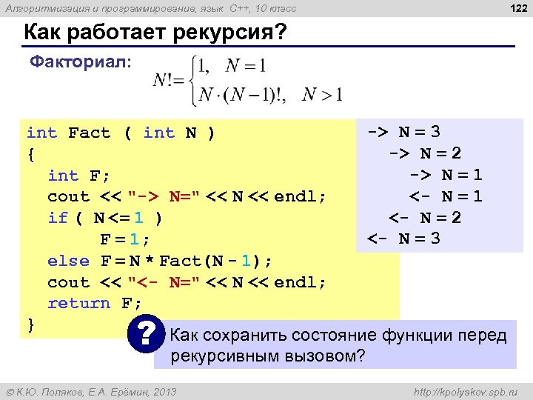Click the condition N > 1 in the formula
tap(324, 94)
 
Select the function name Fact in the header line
tap(89, 133)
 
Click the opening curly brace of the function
tap(30, 154)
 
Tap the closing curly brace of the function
tap(30, 324)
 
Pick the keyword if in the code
tap(58, 218)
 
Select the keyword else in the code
tap(68, 261)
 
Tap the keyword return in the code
tap(78, 304)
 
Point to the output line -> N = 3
tap(404, 133)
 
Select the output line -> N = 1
tap(446, 176)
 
